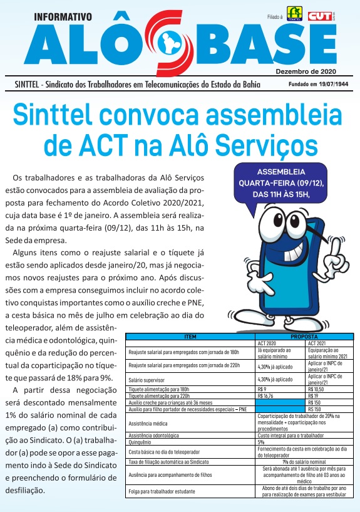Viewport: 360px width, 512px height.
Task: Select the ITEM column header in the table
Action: click(191, 337)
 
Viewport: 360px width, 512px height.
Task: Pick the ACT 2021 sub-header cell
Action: click(320, 343)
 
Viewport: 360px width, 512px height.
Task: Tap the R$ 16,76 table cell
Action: click(267, 395)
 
